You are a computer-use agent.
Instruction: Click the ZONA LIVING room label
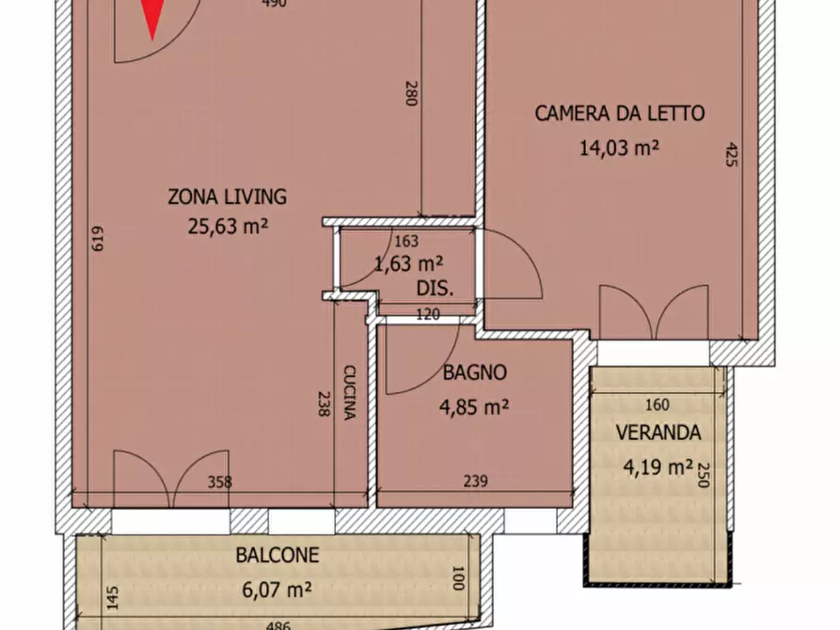tap(227, 197)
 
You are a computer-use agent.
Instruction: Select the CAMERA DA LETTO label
tap(619, 114)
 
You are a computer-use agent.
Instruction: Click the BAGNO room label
tap(474, 373)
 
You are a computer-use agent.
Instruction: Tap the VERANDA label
tap(658, 433)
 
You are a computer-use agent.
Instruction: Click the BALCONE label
tap(277, 556)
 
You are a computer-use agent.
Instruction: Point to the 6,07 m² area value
tap(277, 590)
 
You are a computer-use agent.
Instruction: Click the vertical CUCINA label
tap(348, 392)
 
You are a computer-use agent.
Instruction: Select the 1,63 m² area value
tap(409, 264)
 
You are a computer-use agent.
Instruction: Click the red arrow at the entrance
tap(151, 19)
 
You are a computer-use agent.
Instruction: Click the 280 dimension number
tap(410, 95)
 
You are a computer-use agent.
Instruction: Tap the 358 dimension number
tap(220, 483)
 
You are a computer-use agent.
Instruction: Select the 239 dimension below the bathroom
tap(476, 483)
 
